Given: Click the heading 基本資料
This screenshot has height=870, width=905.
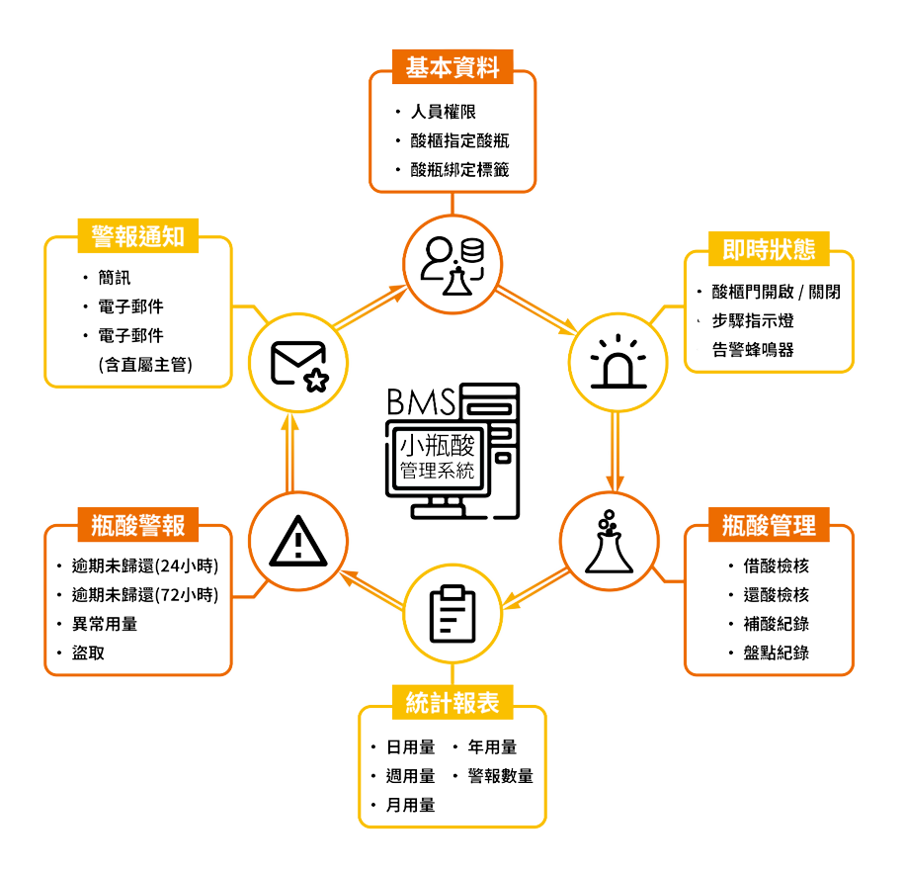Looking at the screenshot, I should coord(452,67).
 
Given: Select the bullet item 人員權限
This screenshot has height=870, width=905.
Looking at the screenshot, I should coord(444,112).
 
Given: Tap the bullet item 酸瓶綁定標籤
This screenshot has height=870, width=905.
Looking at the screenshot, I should coord(459,169).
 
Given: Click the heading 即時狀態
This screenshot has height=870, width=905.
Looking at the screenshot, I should coord(769,249).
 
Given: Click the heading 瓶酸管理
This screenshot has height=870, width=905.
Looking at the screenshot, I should coord(769,524).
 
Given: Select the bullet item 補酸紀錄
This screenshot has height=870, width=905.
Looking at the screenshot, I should coord(776,624).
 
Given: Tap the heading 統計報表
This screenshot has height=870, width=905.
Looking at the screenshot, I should coord(452,703).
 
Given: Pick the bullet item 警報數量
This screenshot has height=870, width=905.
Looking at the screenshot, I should coord(500,776).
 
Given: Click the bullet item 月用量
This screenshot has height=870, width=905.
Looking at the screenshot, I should coord(410,805).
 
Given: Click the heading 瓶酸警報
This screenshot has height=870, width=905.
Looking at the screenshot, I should coord(137,524).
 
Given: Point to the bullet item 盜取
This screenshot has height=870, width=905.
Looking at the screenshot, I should coord(88,652).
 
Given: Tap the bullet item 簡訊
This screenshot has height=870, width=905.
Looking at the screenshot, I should coord(114,279).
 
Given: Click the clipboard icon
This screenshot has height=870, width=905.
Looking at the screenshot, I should coord(452,614).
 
